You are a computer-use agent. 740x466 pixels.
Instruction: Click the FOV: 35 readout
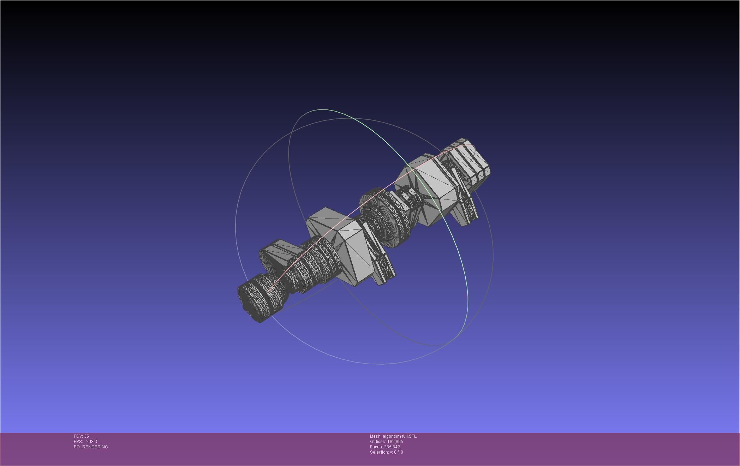[81, 436]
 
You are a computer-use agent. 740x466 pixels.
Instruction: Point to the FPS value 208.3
[91, 442]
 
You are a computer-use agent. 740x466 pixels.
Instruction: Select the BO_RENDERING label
[91, 447]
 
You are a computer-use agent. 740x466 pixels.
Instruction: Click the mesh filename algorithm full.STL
[399, 436]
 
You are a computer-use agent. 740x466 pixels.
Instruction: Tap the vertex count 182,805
[395, 442]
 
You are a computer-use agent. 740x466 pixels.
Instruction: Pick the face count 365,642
[392, 447]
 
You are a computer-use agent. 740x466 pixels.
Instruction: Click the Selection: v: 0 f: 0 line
[386, 452]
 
